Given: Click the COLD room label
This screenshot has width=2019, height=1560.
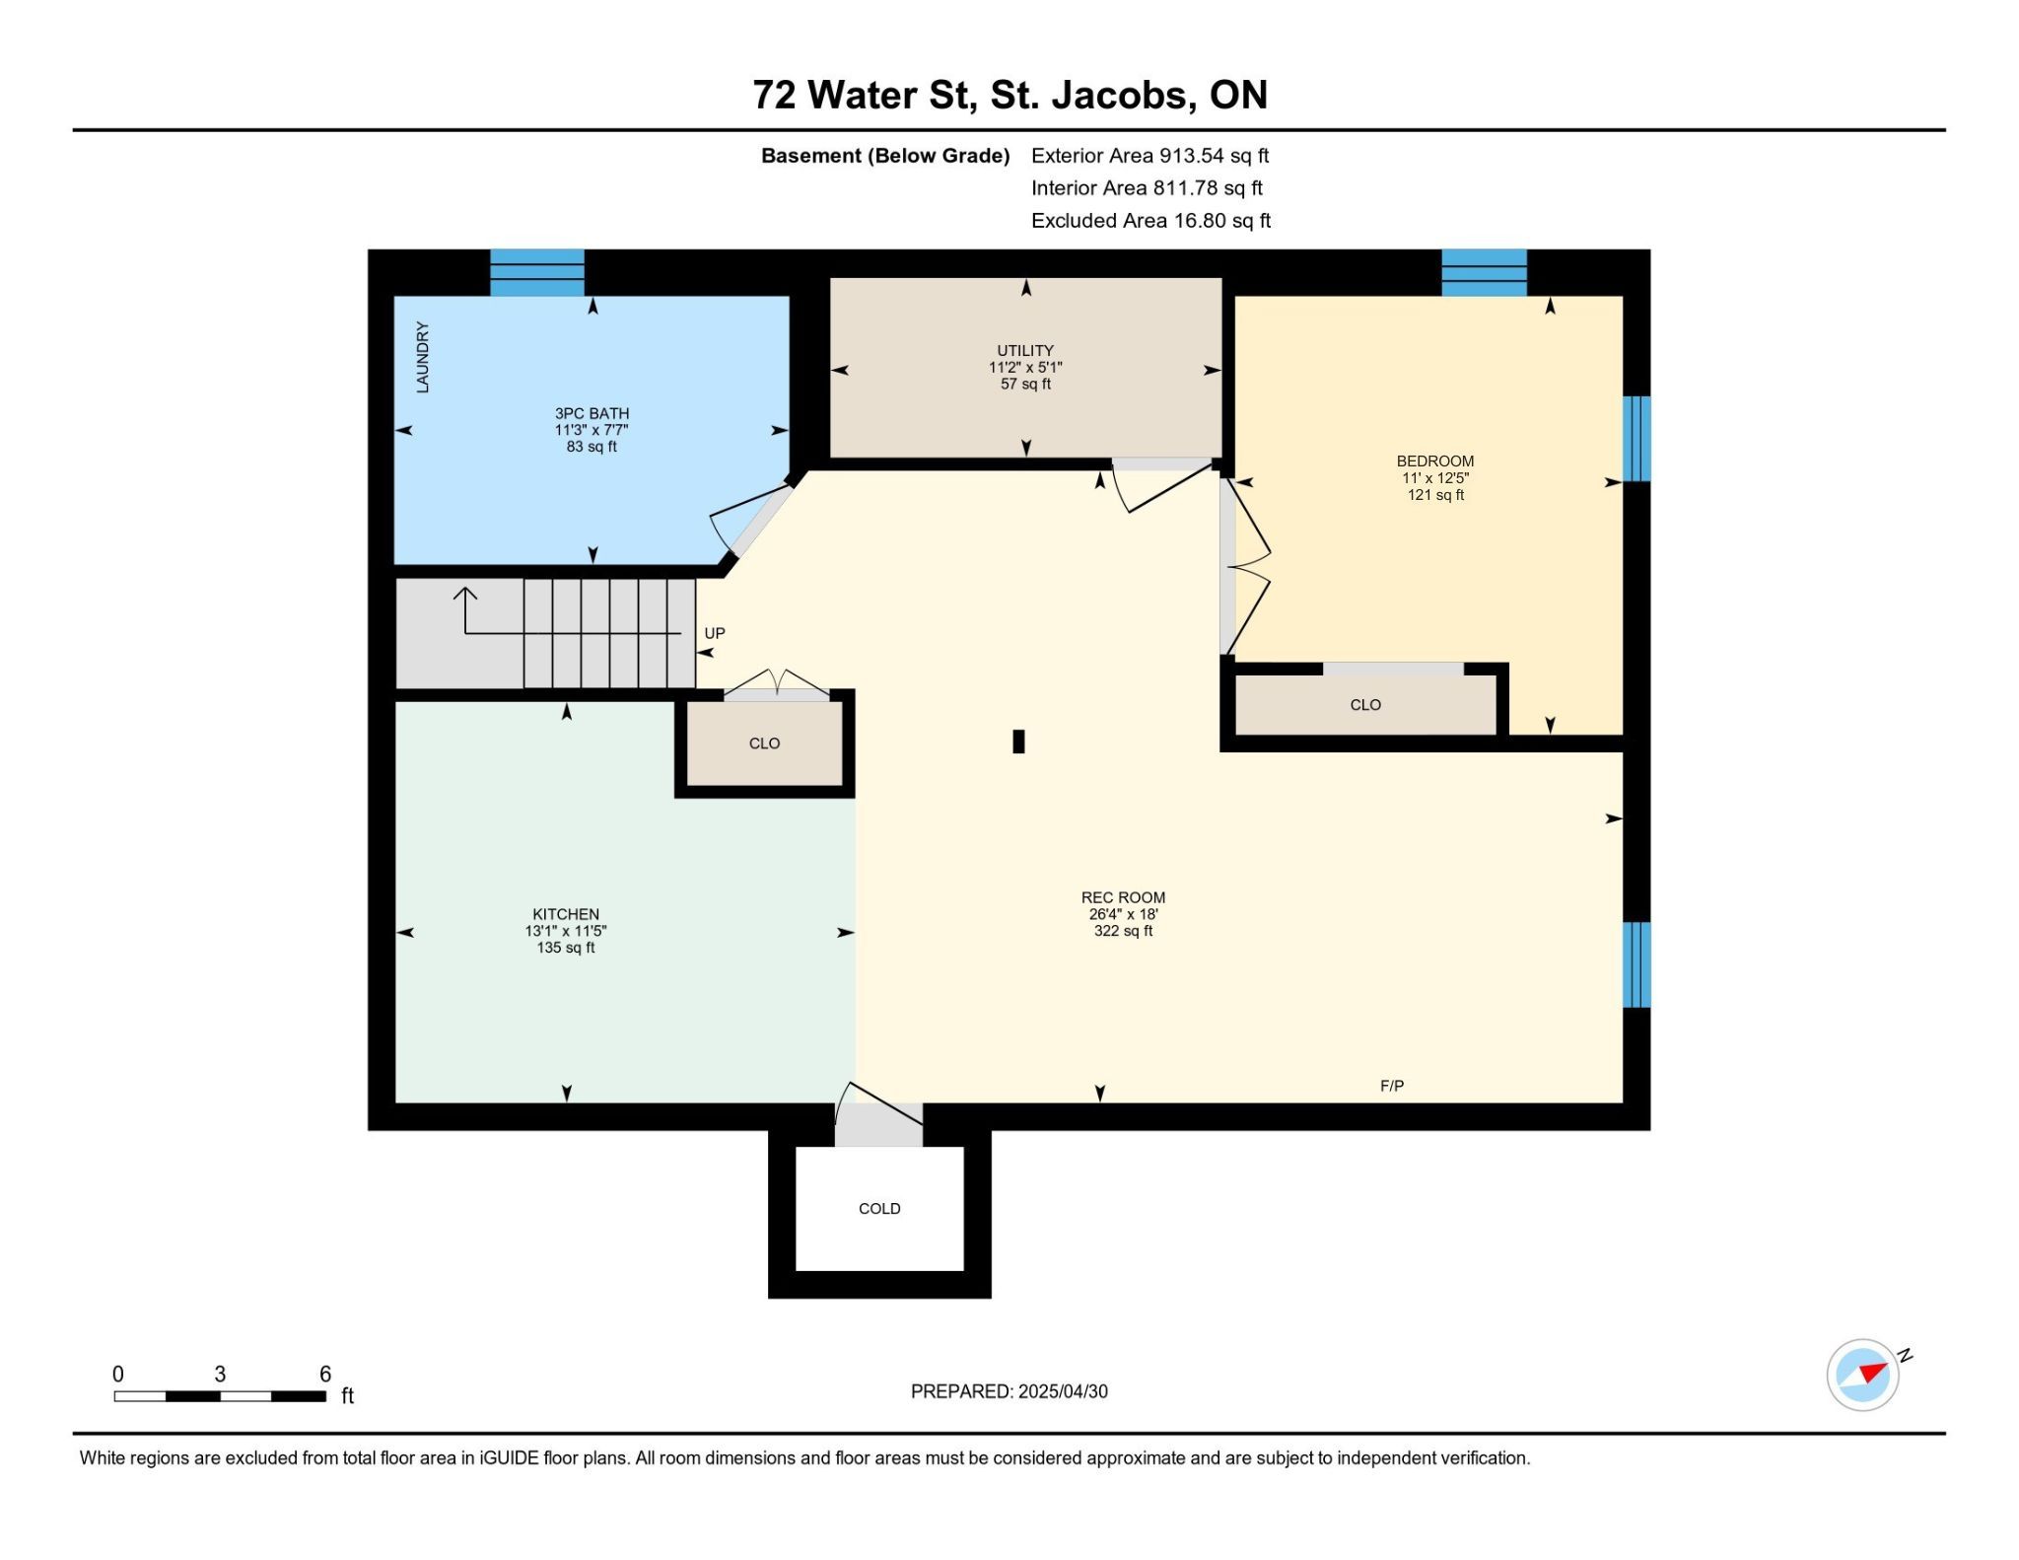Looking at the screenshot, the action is [x=879, y=1208].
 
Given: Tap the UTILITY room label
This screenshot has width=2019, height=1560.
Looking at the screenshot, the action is [x=1025, y=350].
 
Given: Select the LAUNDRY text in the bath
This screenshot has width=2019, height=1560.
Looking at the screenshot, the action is [x=423, y=357].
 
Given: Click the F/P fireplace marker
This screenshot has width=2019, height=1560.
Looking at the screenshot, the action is [x=1392, y=1086].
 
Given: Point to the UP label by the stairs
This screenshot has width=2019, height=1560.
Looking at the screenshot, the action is [x=715, y=633].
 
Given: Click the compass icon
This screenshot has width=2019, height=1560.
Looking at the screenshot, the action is [x=1863, y=1374].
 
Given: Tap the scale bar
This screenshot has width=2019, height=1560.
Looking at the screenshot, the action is [x=220, y=1396].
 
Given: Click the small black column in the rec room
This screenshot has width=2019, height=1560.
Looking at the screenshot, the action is [x=1018, y=742].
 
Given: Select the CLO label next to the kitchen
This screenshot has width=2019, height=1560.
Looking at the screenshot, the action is [x=764, y=744].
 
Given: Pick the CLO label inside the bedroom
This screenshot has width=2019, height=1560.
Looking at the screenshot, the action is [x=1365, y=705].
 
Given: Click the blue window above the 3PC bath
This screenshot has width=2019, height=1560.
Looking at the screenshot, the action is [x=537, y=272].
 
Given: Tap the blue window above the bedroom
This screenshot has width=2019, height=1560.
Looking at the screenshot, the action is [x=1484, y=272].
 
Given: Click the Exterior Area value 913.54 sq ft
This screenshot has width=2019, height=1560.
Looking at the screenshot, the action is [x=1214, y=156].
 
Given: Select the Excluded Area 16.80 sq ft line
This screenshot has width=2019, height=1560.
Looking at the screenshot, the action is [x=1150, y=221].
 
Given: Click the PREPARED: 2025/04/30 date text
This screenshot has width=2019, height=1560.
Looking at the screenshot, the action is [x=1009, y=1391].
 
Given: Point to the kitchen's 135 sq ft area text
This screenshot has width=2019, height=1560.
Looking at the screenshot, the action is [x=566, y=948].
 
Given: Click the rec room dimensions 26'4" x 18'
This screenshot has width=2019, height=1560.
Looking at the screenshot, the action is [x=1123, y=914].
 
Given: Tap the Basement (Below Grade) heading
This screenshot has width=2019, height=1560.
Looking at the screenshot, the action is [x=885, y=156].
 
